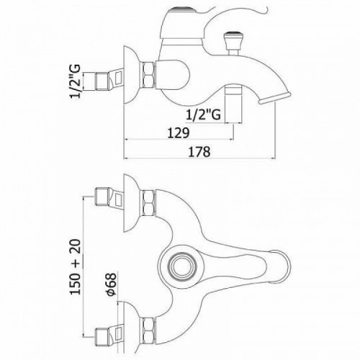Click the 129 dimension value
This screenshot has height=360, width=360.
(x=178, y=132)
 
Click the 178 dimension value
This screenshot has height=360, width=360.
(x=199, y=152)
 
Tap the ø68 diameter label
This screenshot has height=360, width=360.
(x=111, y=284)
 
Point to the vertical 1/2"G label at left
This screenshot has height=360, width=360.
(x=75, y=82)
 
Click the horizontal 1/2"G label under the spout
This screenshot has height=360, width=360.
(x=203, y=114)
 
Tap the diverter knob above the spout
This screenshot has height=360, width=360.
(x=230, y=42)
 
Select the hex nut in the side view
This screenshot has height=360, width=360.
(x=149, y=75)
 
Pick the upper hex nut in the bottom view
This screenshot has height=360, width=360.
(x=149, y=203)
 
